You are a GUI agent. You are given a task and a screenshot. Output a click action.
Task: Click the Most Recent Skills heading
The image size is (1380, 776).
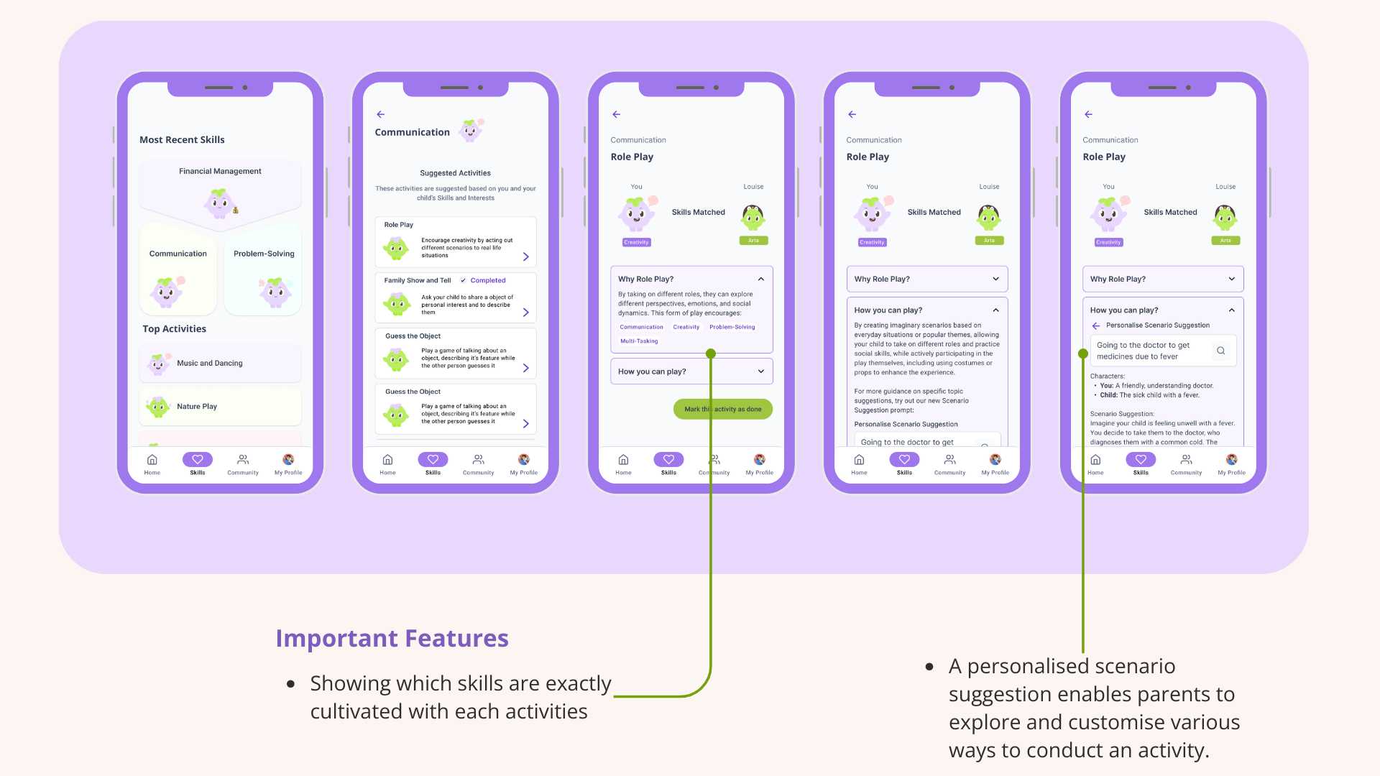point(182,140)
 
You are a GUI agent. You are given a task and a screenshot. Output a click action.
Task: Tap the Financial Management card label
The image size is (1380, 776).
point(220,172)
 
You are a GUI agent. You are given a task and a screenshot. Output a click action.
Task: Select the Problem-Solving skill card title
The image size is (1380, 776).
point(264,254)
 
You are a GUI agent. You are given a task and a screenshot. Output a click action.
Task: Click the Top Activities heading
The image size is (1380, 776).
point(174,329)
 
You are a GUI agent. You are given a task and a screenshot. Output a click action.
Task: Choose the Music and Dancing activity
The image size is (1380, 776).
point(210,364)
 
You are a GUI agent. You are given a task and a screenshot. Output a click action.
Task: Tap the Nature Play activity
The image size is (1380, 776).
point(197,407)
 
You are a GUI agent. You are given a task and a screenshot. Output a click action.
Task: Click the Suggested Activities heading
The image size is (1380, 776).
point(455,173)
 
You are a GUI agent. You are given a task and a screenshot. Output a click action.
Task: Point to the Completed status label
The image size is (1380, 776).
point(488,281)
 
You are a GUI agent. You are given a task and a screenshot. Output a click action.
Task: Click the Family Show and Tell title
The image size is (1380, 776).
point(418,281)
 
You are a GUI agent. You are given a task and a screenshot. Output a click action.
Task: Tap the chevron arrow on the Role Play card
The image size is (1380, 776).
point(525,257)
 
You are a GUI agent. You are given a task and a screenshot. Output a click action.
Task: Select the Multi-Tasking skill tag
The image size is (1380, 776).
point(639,341)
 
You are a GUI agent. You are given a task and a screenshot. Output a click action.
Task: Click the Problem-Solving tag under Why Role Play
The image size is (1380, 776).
point(732,327)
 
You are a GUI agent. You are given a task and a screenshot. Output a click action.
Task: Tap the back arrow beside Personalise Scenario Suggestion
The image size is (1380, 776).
point(1096,326)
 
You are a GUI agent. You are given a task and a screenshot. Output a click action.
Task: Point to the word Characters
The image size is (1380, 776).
point(1107,377)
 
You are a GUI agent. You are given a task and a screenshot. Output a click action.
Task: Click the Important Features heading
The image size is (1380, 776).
point(392,639)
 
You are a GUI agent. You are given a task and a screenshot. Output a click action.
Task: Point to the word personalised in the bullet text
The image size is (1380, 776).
point(1071,666)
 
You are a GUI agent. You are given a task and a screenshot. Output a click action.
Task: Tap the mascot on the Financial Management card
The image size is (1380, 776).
point(220,203)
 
